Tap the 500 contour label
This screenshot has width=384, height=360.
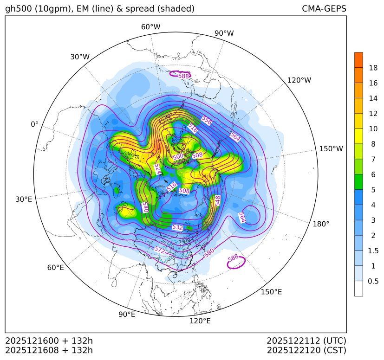pyautogui.click(x=178, y=157)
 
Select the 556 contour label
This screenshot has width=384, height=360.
pyautogui.click(x=207, y=121)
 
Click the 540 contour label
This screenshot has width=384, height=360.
pyautogui.click(x=145, y=207)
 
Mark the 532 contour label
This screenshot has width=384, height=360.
pyautogui.click(x=177, y=227)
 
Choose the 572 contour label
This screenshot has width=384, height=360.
pyautogui.click(x=159, y=250)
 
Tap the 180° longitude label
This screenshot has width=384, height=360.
pyautogui.click(x=321, y=224)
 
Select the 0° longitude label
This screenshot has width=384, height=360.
pyautogui.click(x=34, y=124)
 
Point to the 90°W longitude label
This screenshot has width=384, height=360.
pyautogui.click(x=224, y=33)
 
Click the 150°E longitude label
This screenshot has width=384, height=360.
pyautogui.click(x=272, y=291)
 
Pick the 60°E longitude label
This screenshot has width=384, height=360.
pyautogui.click(x=55, y=268)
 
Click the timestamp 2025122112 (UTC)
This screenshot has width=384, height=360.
pyautogui.click(x=306, y=341)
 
